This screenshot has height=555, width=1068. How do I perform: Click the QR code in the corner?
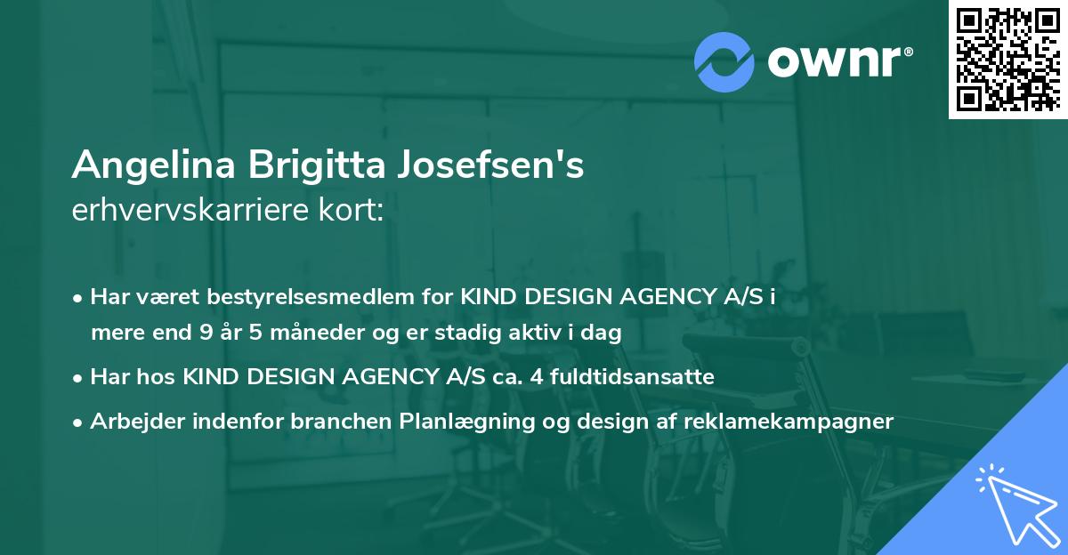pos(1007,59)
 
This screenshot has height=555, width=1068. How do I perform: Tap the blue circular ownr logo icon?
pos(725,60)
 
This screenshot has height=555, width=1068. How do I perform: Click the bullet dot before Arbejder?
pos(79,422)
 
